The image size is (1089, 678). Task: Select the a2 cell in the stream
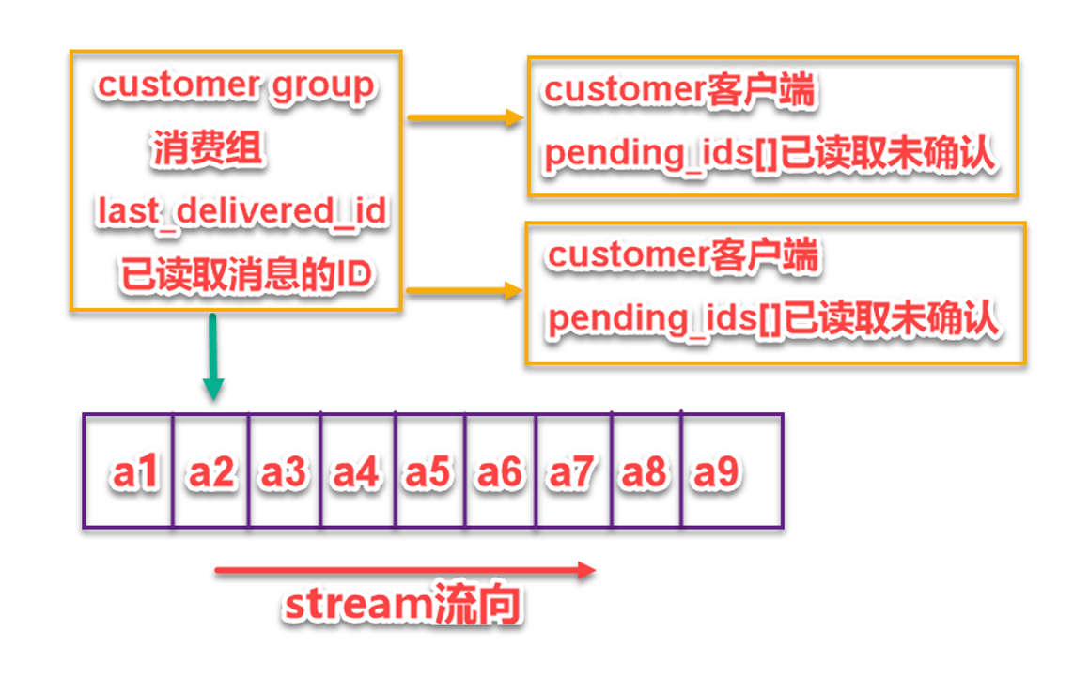pos(210,472)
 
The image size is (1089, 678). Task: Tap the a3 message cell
pos(285,472)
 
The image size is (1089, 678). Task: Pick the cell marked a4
pos(357,472)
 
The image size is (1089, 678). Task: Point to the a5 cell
pos(429,472)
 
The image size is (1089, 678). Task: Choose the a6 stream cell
pos(501,472)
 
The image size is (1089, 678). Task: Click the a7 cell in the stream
pos(573,472)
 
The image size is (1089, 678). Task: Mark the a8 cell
pos(646,472)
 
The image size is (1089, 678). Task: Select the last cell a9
pos(719,472)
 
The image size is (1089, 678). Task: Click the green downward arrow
pos(213,357)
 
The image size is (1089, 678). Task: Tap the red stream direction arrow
pos(404,570)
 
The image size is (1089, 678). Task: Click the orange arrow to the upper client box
pos(463,118)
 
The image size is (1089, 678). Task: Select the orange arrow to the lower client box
pos(463,291)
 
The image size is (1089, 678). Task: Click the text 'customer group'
pos(235,85)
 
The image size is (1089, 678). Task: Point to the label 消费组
pos(207,149)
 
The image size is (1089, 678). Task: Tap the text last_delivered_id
pos(241,211)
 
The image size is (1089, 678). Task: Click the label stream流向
pos(402,606)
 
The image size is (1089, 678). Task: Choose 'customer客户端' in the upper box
pos(679,91)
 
